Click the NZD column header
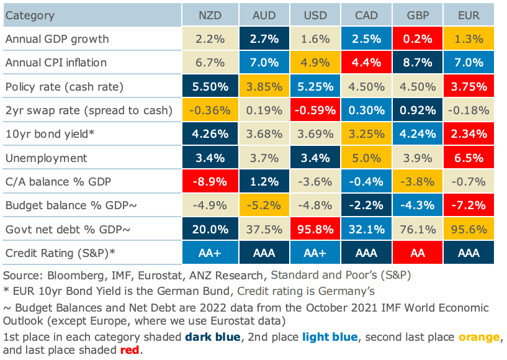click(x=209, y=15)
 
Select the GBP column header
click(x=418, y=15)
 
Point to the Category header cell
click(x=30, y=15)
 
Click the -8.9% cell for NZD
click(x=209, y=182)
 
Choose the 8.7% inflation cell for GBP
click(x=418, y=63)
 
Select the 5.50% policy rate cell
click(x=209, y=86)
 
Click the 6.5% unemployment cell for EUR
click(x=470, y=158)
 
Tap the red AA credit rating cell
click(x=418, y=253)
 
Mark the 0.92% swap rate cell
click(x=418, y=110)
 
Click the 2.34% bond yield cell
click(x=470, y=134)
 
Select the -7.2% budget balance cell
click(x=470, y=205)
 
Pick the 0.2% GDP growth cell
click(x=418, y=38)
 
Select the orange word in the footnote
click(x=478, y=337)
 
